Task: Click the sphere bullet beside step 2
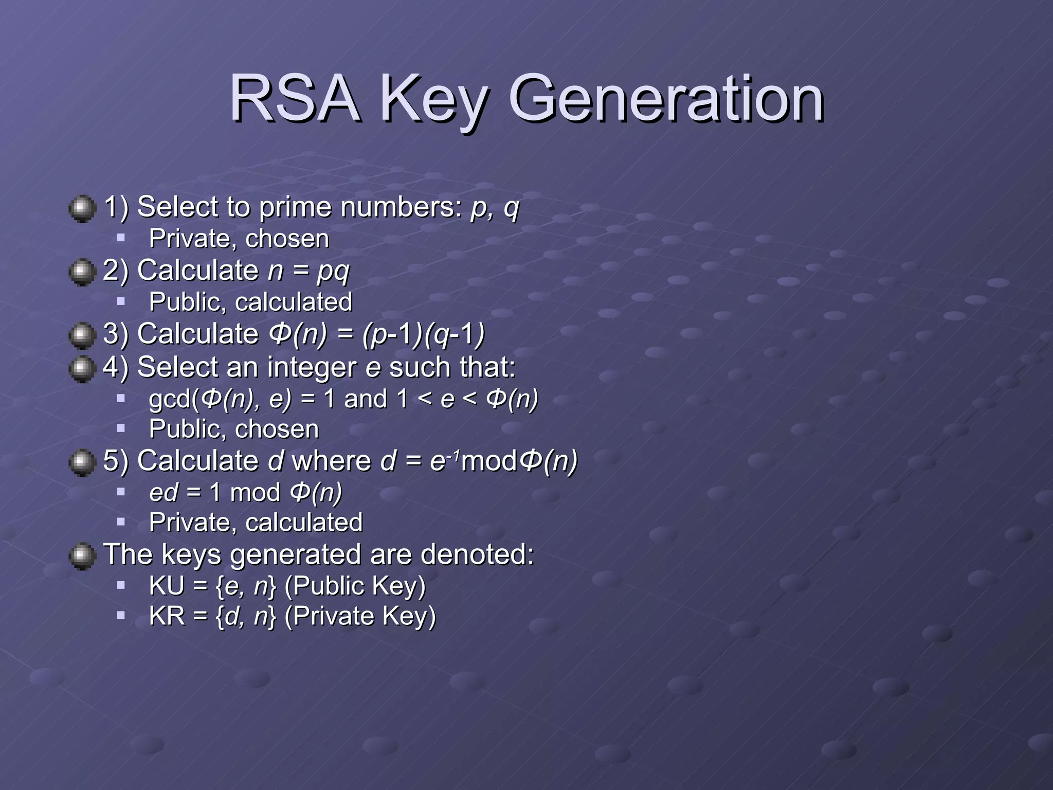(x=82, y=272)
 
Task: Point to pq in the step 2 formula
(x=333, y=271)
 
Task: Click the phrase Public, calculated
(x=250, y=302)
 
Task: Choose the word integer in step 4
(x=312, y=367)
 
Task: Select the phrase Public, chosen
(x=233, y=429)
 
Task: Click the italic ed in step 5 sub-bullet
(x=164, y=492)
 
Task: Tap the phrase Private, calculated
(x=256, y=523)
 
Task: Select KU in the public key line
(x=166, y=586)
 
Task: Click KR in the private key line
(x=167, y=616)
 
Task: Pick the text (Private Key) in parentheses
(x=360, y=616)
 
